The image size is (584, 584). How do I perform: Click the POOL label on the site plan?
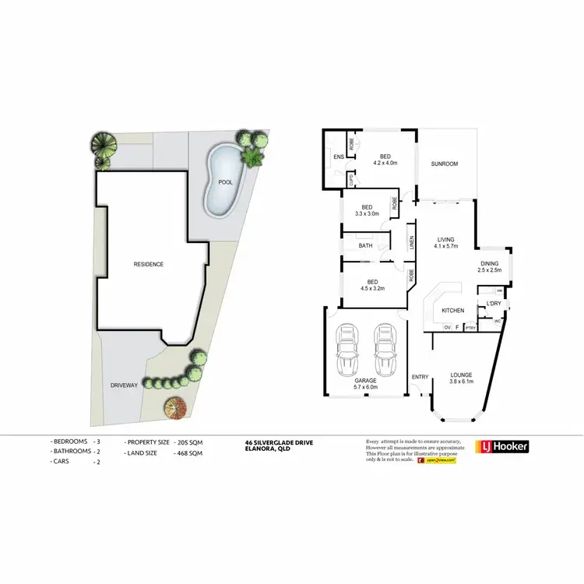tap(226, 182)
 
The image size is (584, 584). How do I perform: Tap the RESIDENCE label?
tap(148, 264)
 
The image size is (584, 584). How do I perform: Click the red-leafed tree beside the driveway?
tap(176, 407)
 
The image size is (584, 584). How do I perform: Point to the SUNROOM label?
tap(445, 164)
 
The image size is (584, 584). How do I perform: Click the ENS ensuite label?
tap(338, 157)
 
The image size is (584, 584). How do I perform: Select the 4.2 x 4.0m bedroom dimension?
tap(385, 164)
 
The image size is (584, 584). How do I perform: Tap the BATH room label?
tap(365, 246)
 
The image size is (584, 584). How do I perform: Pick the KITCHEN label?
tap(452, 310)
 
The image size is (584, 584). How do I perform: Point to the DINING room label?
tap(490, 263)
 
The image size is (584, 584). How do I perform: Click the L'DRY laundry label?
tap(493, 303)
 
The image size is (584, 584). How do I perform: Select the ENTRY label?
tap(420, 378)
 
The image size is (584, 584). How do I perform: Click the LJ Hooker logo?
tap(502, 447)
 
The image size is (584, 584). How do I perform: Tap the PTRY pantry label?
tap(470, 328)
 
